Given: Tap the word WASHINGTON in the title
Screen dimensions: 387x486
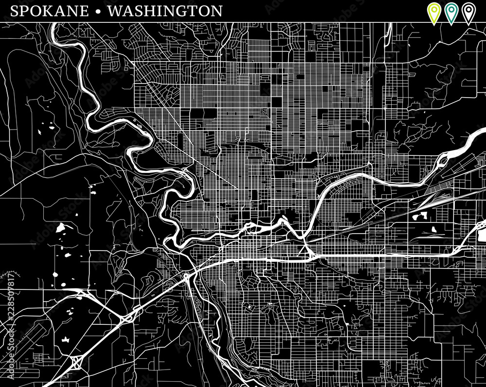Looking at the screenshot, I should point(165,11).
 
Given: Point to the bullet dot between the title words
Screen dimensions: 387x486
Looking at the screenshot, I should point(99,12).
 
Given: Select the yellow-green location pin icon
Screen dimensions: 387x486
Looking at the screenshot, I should point(433,12).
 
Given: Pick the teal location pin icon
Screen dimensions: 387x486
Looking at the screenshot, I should point(451,12).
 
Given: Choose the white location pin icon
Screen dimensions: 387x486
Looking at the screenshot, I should point(469,12).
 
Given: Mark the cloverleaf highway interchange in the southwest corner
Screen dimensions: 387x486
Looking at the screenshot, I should point(77,361).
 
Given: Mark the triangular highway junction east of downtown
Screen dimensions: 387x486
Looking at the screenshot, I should point(305,250).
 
